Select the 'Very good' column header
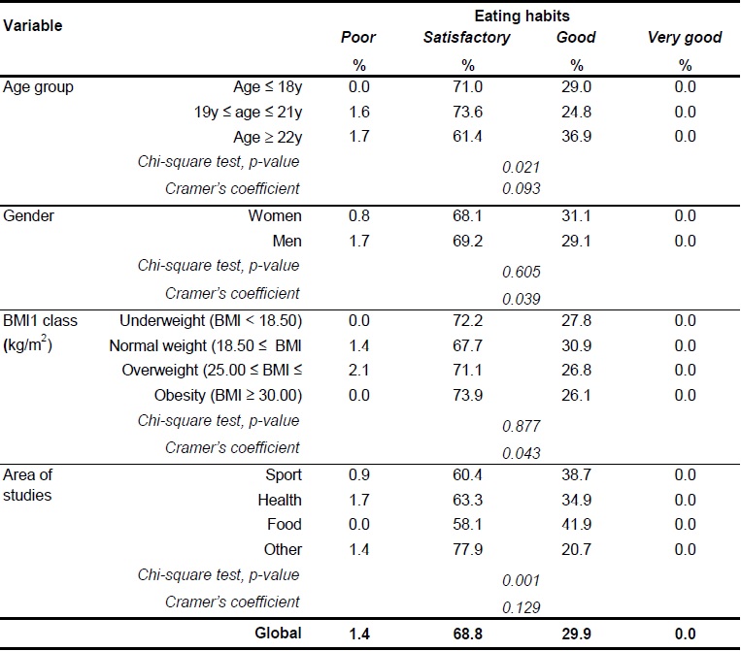(x=685, y=38)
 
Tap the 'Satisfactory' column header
(x=466, y=38)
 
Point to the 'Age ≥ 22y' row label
(x=263, y=136)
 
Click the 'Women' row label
(x=277, y=215)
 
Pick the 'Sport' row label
(x=283, y=474)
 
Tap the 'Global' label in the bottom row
(x=279, y=634)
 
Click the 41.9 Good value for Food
(x=576, y=524)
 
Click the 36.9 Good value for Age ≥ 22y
(x=576, y=136)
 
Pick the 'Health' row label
(x=280, y=500)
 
